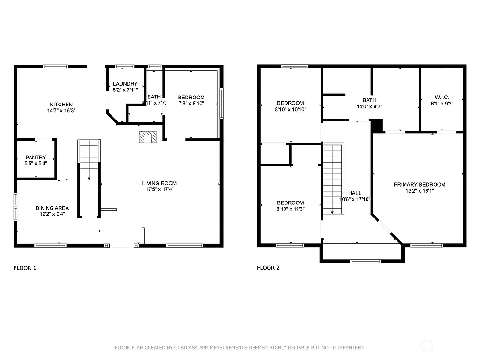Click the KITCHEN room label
click(61, 104)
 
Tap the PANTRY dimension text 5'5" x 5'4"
click(36, 163)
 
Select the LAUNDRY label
click(125, 84)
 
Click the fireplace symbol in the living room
click(147, 137)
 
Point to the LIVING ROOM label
click(159, 183)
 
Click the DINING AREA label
click(52, 208)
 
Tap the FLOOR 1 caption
click(24, 268)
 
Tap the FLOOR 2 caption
click(268, 268)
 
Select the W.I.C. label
click(442, 97)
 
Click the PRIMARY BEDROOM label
click(420, 184)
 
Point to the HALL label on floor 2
click(354, 193)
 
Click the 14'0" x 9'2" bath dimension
click(369, 106)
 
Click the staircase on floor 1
click(89, 159)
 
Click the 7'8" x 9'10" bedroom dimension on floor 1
click(191, 104)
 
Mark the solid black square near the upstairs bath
click(377, 125)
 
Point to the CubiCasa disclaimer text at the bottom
click(240, 348)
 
